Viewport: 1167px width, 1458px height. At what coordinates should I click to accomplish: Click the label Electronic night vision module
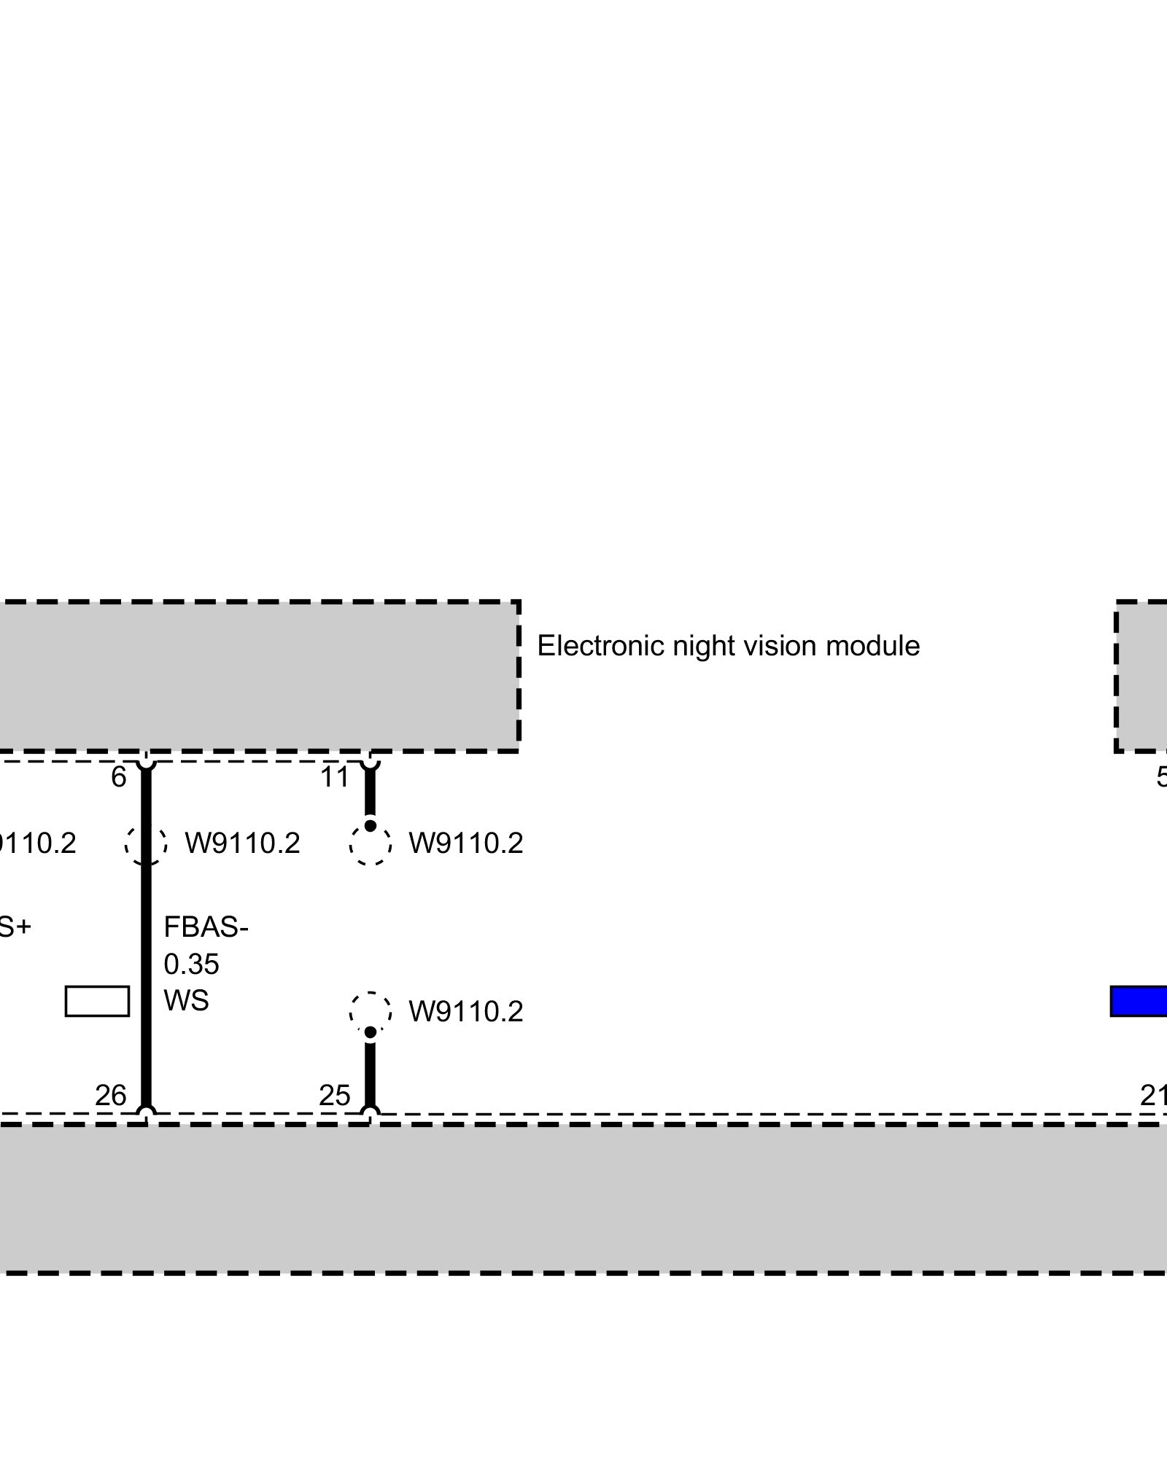pyautogui.click(x=728, y=647)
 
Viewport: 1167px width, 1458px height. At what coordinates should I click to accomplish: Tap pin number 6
pyautogui.click(x=119, y=778)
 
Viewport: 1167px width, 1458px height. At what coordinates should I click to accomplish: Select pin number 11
pyautogui.click(x=335, y=778)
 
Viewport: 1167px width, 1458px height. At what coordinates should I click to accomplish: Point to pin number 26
pyautogui.click(x=111, y=1096)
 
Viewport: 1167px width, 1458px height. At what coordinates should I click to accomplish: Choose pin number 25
pyautogui.click(x=335, y=1096)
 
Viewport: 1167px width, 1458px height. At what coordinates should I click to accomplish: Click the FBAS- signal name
pyautogui.click(x=206, y=928)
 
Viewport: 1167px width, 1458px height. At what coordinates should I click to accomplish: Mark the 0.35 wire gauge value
pyautogui.click(x=191, y=964)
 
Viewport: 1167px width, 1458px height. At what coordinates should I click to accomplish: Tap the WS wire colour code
pyautogui.click(x=186, y=1001)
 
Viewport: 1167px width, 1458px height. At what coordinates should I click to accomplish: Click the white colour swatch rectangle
pyautogui.click(x=97, y=1001)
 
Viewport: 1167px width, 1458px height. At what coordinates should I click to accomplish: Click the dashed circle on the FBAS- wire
pyautogui.click(x=146, y=844)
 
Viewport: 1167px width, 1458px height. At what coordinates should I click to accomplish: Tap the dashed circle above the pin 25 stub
pyautogui.click(x=371, y=1012)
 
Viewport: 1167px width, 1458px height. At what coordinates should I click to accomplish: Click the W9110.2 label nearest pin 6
pyautogui.click(x=242, y=844)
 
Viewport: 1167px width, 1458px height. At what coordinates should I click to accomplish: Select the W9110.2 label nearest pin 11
pyautogui.click(x=466, y=844)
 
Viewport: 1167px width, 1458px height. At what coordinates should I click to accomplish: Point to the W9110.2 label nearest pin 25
pyautogui.click(x=466, y=1012)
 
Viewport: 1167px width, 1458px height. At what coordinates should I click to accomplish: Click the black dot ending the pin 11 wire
pyautogui.click(x=371, y=826)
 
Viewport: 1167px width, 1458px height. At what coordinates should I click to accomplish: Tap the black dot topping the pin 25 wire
pyautogui.click(x=371, y=1032)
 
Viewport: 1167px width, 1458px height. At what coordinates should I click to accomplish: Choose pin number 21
pyautogui.click(x=1152, y=1096)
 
